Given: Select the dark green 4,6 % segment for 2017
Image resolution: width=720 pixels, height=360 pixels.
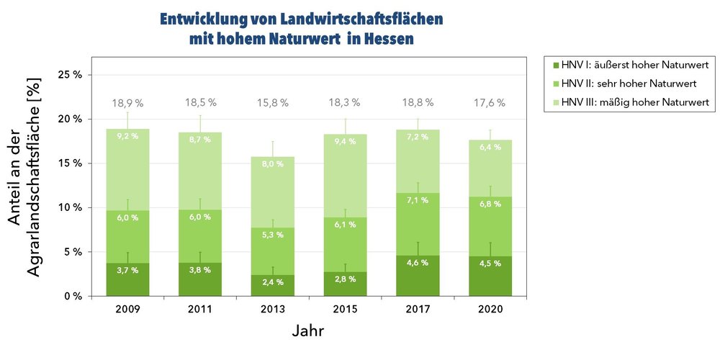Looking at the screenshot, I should (418, 276).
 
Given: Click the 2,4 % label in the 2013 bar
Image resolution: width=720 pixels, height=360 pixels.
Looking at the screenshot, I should (273, 282).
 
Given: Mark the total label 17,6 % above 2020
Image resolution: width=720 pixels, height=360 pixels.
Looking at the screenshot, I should (490, 103).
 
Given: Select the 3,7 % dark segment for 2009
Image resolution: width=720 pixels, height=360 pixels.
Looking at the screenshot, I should (127, 279).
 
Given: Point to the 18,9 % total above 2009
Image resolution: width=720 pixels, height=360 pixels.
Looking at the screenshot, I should (127, 103).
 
